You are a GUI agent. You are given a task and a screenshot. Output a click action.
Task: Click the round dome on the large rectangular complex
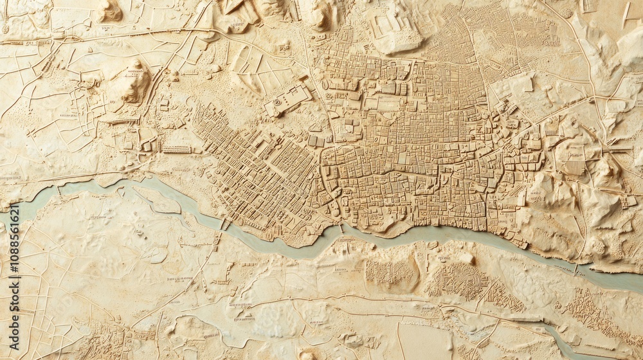(277, 103)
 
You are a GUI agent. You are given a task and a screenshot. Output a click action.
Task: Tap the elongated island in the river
(158, 201)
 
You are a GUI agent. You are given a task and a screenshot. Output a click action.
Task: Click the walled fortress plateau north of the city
(395, 32)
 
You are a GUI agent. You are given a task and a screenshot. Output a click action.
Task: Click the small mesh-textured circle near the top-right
(566, 14)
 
